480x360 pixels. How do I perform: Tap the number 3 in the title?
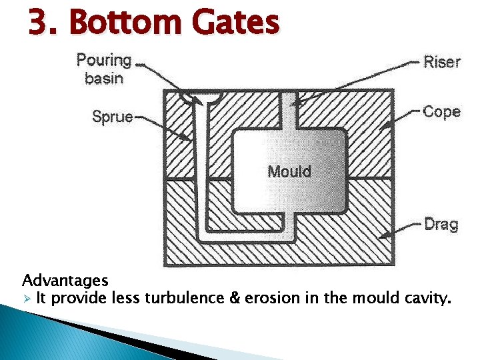tap(39, 23)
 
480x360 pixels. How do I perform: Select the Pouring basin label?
tap(104, 69)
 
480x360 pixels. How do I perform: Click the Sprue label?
tap(112, 117)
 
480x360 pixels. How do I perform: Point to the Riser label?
tap(442, 62)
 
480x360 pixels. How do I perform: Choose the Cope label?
tap(441, 111)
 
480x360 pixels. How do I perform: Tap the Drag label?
tap(441, 224)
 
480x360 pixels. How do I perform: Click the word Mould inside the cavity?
tap(289, 171)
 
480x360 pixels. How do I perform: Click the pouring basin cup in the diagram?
tap(201, 97)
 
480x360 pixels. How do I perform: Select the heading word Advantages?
tap(65, 280)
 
